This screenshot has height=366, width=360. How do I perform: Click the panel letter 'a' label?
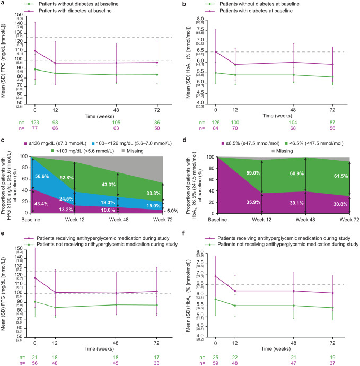3,4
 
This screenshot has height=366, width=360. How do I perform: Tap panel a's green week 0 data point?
36,69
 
